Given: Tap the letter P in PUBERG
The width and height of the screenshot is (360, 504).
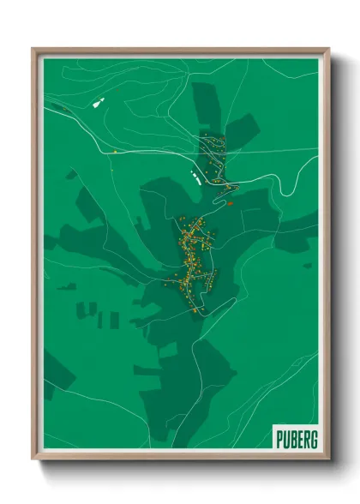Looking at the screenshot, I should [280, 440].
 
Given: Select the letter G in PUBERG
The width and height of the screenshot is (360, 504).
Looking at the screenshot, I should [313, 440].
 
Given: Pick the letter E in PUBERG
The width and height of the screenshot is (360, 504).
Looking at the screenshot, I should [299, 440].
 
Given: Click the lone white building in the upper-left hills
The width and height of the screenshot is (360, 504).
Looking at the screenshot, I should [97, 103].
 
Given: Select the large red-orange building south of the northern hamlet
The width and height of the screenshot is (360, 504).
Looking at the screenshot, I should [229, 203].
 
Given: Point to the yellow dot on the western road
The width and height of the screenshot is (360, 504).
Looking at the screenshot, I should [114, 152].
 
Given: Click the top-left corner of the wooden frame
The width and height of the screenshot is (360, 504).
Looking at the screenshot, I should [33, 49].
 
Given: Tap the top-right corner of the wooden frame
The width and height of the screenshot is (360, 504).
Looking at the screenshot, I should [328, 49].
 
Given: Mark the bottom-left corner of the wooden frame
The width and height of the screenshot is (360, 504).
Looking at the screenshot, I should [33, 460].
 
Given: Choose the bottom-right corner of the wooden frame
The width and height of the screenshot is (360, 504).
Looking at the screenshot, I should [328, 460].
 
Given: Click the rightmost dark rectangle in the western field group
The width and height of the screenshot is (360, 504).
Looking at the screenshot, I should [114, 320].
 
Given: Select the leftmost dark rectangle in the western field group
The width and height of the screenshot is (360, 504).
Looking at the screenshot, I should [82, 309].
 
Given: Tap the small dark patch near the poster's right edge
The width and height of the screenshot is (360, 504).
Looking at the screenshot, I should [307, 265].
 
